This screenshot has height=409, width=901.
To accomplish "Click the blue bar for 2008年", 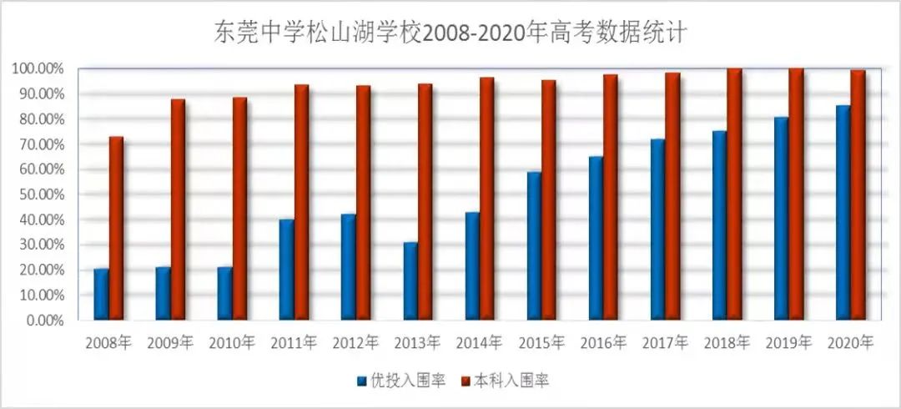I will (101, 294).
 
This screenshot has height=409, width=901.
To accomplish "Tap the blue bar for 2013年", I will (410, 280).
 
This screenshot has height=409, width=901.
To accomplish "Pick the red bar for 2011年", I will (301, 202).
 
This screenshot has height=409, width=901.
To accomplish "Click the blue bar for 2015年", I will (533, 245).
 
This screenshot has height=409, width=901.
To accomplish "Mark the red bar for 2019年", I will (796, 194).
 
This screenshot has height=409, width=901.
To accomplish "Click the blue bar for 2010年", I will (224, 293).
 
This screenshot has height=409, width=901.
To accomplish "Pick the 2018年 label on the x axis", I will (727, 342).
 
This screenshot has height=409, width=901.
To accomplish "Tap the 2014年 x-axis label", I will (480, 342).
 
